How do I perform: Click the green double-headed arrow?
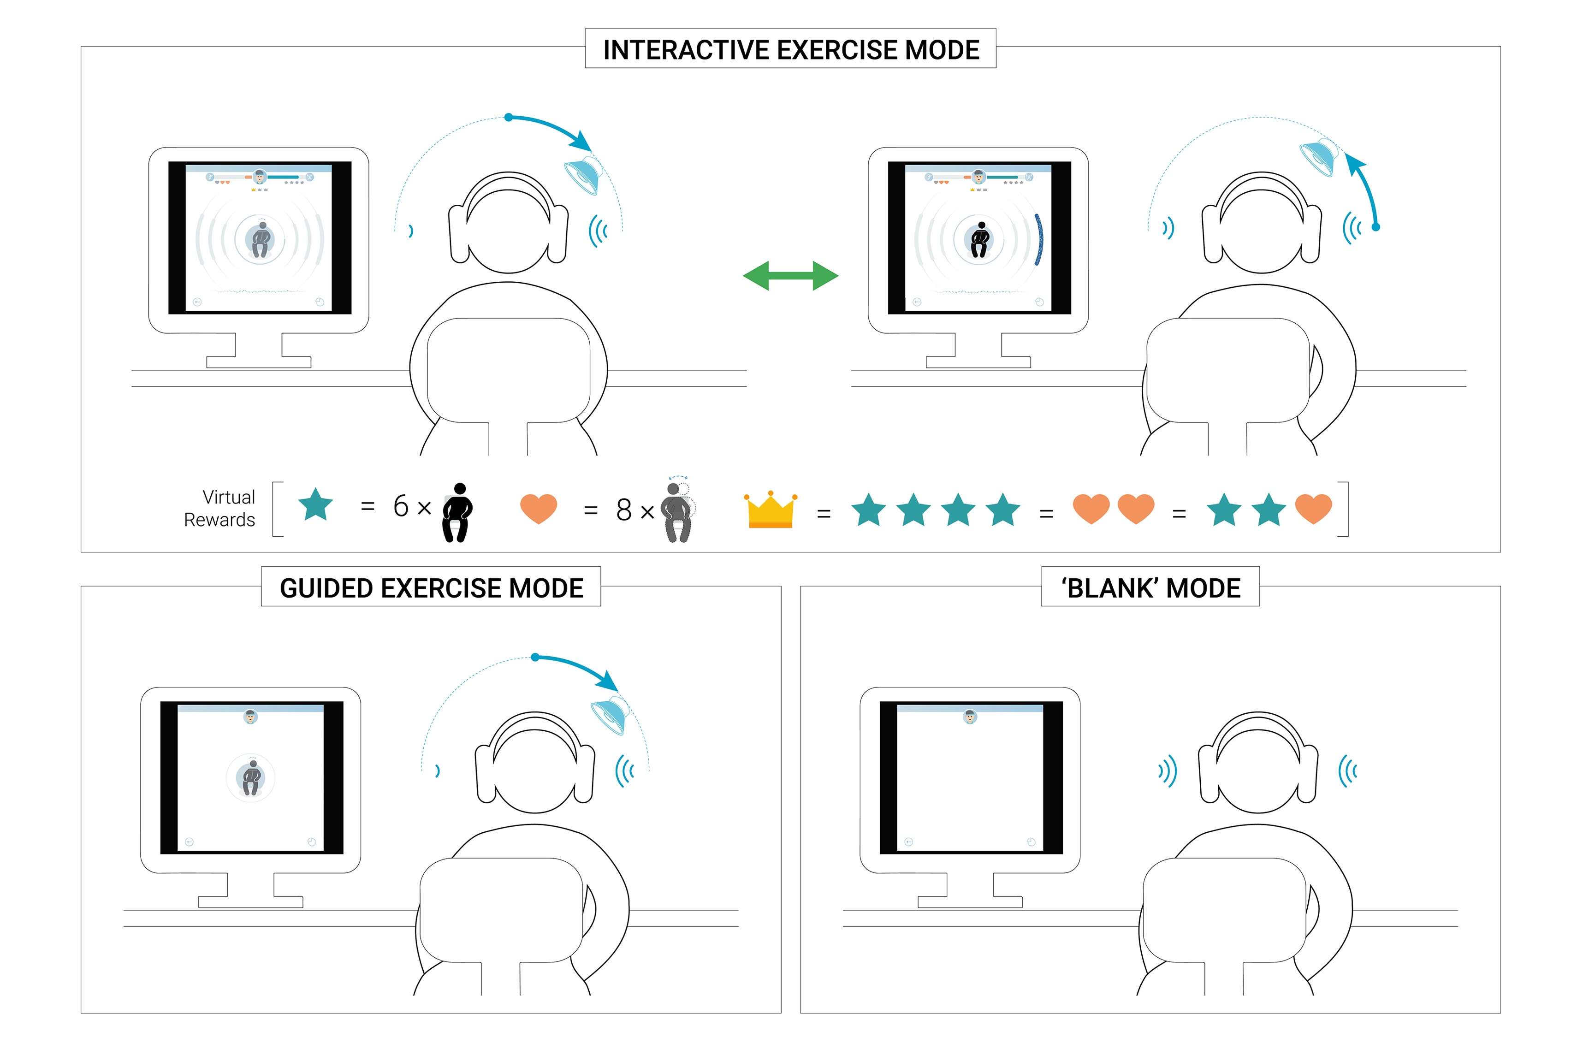(x=790, y=275)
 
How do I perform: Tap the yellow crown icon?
(x=771, y=510)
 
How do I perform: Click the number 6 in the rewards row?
(x=401, y=506)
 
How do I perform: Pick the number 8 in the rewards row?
(x=623, y=510)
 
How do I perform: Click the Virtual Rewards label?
(x=220, y=508)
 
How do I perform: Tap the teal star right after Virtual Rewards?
(x=315, y=504)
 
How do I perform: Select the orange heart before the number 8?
(x=538, y=508)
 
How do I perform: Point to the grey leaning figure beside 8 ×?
(x=677, y=511)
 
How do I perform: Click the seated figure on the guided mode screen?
(x=251, y=778)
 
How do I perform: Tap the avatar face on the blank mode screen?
(x=969, y=717)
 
